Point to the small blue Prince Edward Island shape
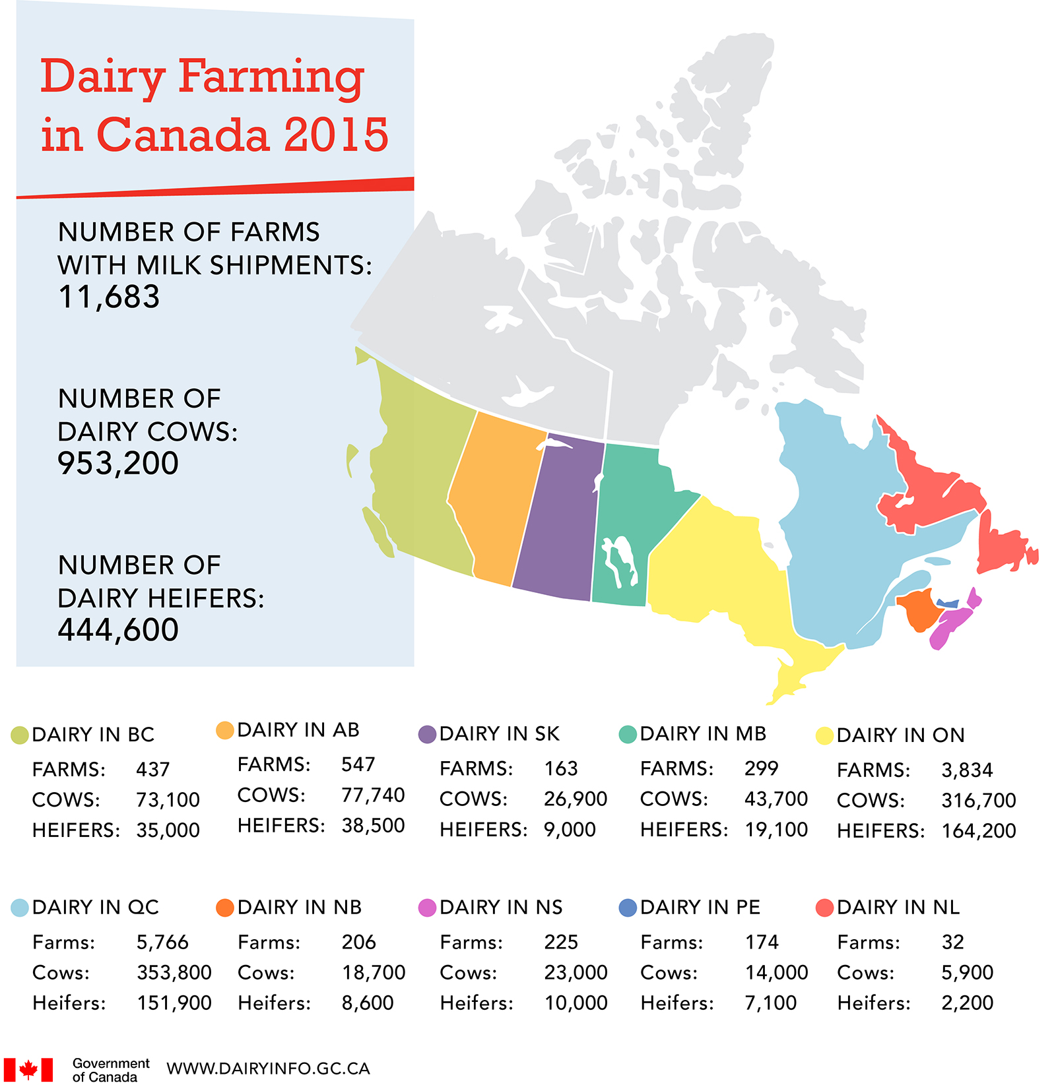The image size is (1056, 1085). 948,603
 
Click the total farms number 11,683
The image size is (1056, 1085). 109,297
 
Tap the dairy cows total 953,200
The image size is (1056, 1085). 118,463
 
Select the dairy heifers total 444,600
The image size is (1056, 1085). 118,629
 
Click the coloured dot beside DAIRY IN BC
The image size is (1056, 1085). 20,735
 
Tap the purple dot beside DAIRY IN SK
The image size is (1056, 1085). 427,734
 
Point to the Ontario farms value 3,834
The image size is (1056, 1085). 967,770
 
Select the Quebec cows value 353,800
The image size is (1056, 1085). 174,972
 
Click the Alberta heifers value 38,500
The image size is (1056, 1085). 373,825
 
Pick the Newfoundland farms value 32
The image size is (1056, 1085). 952,942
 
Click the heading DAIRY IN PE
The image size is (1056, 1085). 700,907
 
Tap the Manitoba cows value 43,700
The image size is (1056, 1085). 776,799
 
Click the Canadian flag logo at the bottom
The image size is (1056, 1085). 28,1069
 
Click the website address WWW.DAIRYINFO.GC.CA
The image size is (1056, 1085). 268,1069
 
